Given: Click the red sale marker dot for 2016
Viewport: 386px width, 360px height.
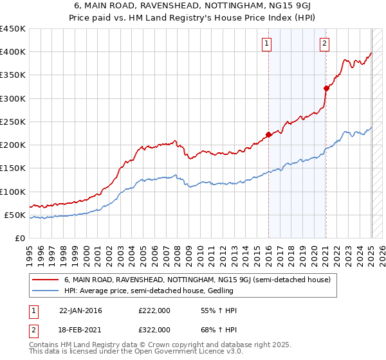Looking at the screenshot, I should (x=268, y=134).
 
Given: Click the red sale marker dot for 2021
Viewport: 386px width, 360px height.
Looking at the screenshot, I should (x=326, y=88).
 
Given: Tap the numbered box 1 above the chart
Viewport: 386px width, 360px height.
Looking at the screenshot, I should (x=266, y=44).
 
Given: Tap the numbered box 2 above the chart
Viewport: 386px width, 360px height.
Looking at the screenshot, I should (x=324, y=44).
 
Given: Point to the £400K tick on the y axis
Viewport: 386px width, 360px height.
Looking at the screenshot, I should (x=12, y=52).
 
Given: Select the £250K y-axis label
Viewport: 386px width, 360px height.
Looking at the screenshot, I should (x=12, y=122).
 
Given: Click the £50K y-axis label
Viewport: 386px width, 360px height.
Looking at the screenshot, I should (x=15, y=215).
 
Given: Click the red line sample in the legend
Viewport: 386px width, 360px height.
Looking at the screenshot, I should (x=46, y=280).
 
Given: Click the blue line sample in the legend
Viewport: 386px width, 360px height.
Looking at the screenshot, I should (x=46, y=291).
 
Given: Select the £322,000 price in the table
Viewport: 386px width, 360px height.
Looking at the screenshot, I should (x=154, y=329).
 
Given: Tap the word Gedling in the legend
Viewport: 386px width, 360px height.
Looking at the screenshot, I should (x=219, y=291).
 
